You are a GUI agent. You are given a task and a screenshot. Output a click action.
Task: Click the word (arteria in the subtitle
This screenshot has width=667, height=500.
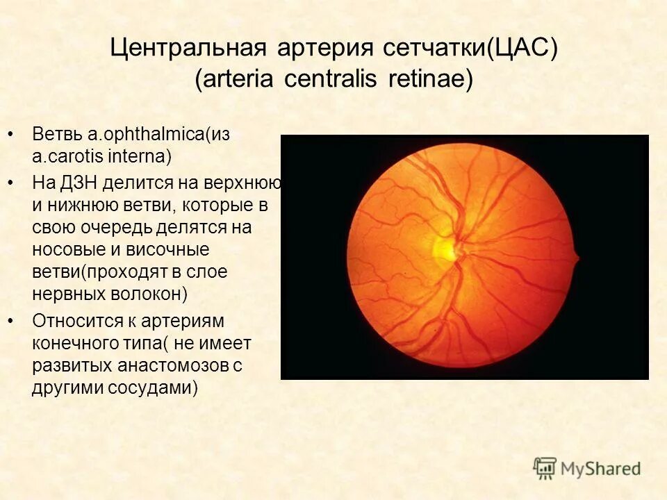(x=235, y=79)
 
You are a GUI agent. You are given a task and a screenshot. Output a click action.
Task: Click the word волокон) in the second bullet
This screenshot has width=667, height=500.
(x=148, y=293)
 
